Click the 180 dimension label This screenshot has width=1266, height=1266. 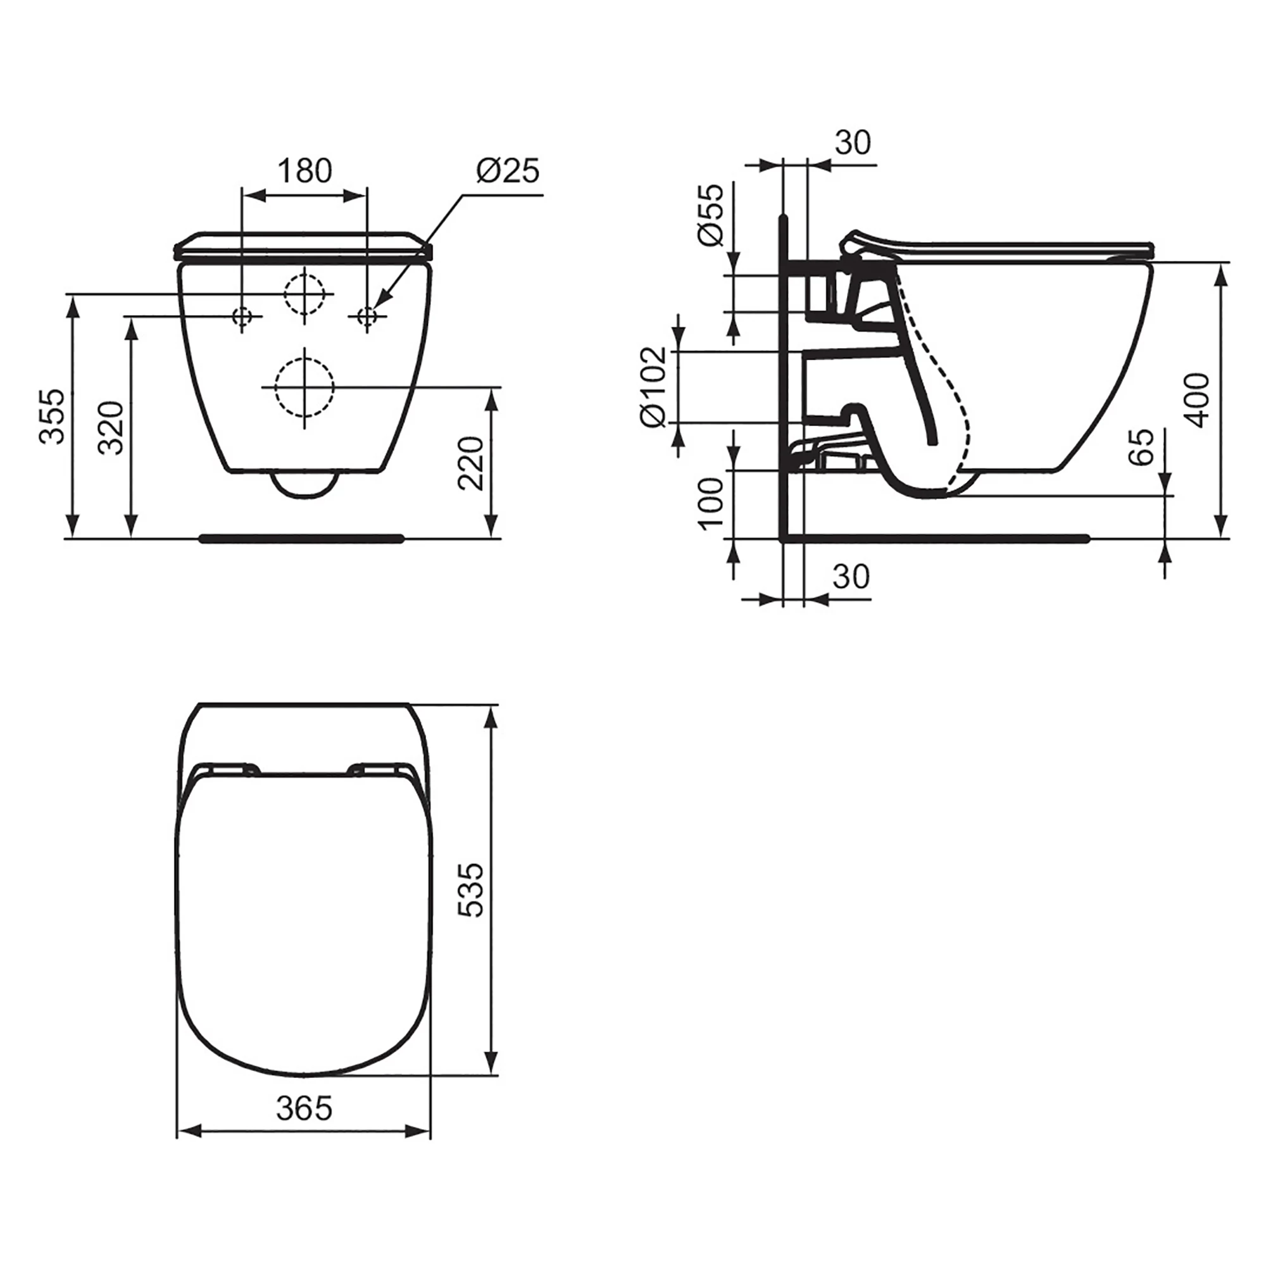tap(304, 171)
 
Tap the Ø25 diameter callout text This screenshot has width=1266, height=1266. tap(507, 171)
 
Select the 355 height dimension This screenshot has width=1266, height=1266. tap(53, 416)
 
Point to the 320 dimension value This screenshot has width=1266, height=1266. tap(110, 428)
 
